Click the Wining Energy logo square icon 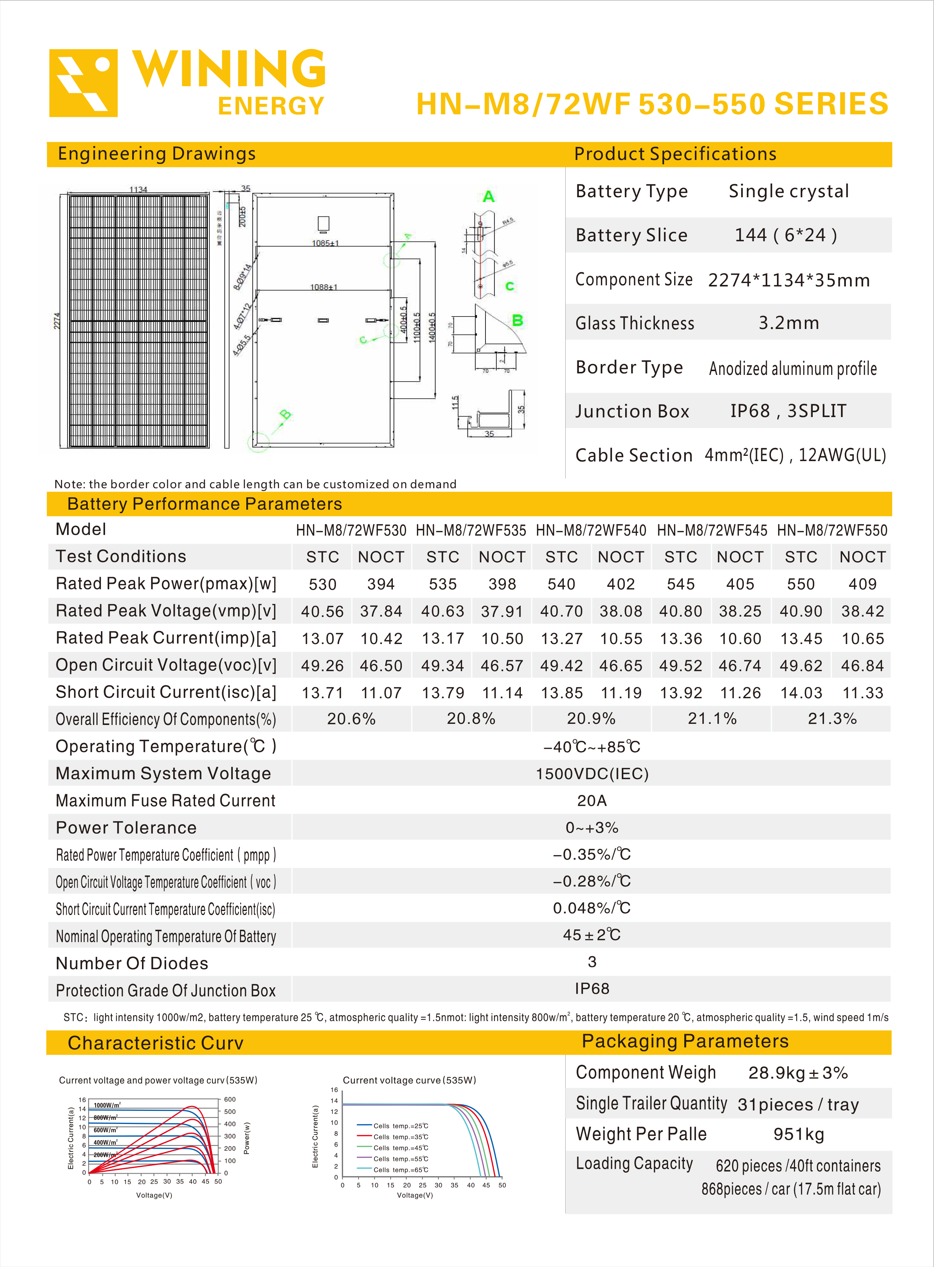click(84, 83)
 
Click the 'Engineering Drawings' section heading click(157, 154)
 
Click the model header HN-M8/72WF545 click(712, 530)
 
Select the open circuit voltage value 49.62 click(801, 666)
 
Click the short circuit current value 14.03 click(801, 693)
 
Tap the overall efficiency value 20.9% click(591, 719)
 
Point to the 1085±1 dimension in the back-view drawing click(325, 243)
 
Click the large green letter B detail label click(517, 320)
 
